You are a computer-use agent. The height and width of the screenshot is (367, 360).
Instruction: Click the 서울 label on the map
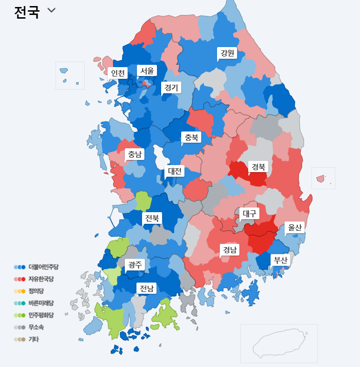[147, 71]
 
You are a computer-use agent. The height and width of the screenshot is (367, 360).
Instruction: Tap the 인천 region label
[118, 73]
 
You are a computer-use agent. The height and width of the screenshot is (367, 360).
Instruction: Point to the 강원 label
[227, 53]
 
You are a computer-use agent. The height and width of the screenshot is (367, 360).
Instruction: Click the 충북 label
[191, 137]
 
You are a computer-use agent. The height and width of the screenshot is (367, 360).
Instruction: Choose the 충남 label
[135, 154]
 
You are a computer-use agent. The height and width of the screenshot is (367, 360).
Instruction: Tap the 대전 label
[175, 171]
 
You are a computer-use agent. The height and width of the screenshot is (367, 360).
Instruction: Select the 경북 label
[258, 166]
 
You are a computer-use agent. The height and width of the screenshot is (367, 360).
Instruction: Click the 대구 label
[250, 214]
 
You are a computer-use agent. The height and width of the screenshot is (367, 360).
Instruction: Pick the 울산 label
[295, 227]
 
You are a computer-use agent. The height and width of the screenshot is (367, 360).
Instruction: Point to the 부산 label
[281, 260]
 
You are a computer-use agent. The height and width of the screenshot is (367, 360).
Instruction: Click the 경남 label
[230, 250]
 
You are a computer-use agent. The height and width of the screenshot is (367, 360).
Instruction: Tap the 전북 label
[152, 218]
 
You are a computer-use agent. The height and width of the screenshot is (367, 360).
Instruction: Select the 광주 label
[135, 264]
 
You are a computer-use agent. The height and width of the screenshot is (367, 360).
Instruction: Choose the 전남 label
[147, 288]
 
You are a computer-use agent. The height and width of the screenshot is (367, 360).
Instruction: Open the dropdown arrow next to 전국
[51, 11]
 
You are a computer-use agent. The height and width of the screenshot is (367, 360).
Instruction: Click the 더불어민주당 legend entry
[40, 267]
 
